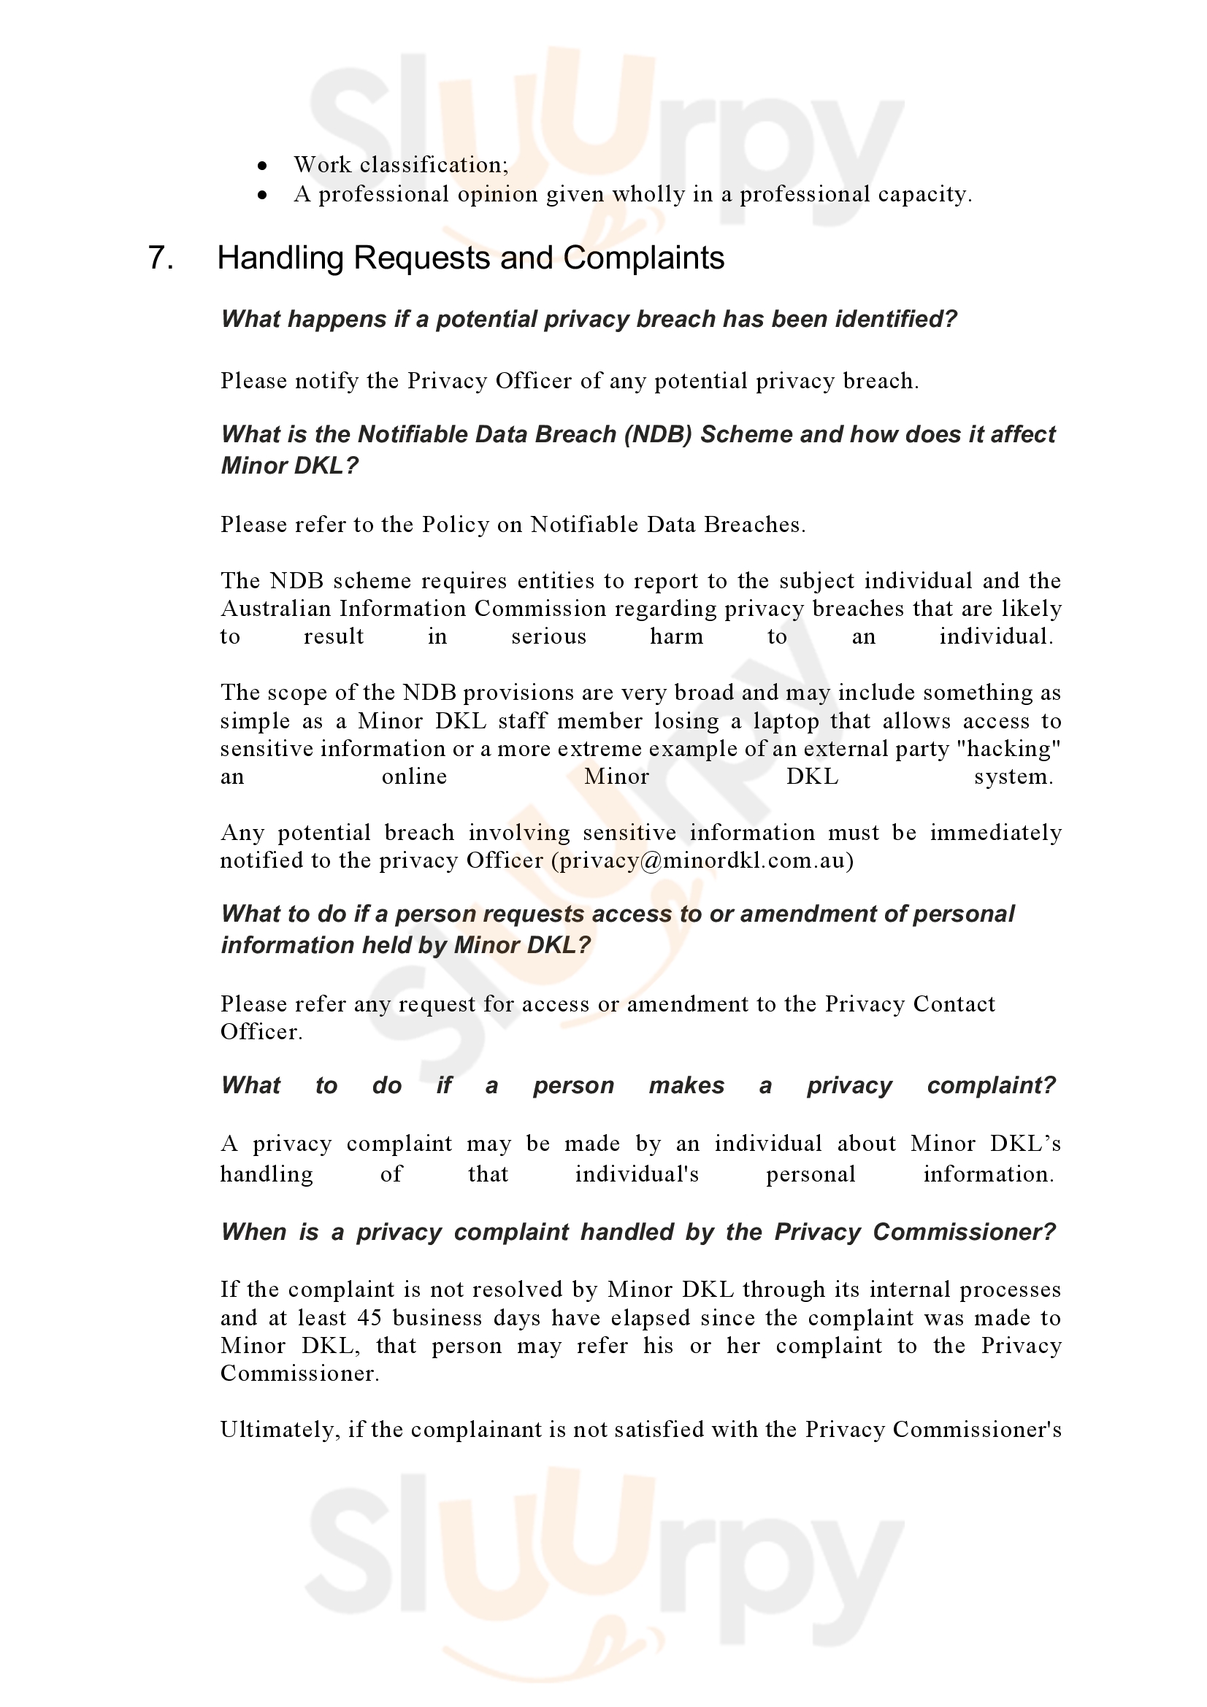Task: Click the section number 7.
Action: point(161,258)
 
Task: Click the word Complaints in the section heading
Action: point(643,258)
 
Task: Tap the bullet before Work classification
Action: point(262,165)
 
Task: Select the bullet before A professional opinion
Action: point(262,195)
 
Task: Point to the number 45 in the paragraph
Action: point(369,1317)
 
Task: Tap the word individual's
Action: point(637,1174)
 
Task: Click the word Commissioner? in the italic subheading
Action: point(964,1232)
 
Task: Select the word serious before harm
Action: point(549,636)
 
